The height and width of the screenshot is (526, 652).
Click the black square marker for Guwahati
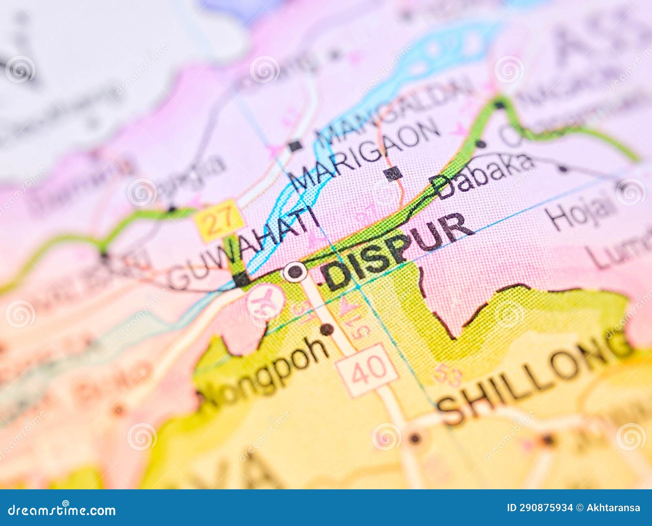tap(241, 279)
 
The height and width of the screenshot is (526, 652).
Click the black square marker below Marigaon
tap(393, 174)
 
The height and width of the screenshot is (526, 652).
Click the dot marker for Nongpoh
tap(326, 329)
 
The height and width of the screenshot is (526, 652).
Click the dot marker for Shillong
tap(415, 438)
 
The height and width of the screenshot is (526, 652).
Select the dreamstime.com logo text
tap(62, 510)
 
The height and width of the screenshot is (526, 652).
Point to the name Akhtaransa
tap(613, 508)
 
